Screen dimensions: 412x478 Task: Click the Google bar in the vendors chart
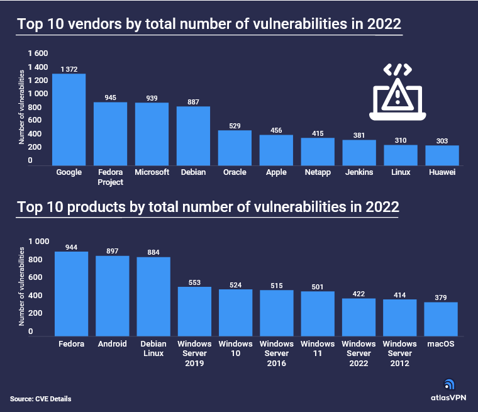[x=69, y=120]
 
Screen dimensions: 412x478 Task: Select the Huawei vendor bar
[x=442, y=155]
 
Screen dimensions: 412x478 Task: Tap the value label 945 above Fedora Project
[x=110, y=97]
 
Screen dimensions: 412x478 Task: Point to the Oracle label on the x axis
[x=235, y=172]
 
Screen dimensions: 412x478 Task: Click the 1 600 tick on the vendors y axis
[x=38, y=54]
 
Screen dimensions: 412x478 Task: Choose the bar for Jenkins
[x=359, y=152]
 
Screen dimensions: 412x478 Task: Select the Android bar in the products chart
[x=113, y=296]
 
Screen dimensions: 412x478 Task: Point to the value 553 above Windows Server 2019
[x=194, y=282]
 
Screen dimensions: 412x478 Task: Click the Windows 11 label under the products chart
[x=318, y=348]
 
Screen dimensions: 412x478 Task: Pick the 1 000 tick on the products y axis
[x=38, y=242]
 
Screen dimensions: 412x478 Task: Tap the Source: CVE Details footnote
[x=41, y=399]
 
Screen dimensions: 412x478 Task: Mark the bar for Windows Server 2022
[x=359, y=317]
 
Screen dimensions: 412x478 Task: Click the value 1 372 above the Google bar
[x=69, y=69]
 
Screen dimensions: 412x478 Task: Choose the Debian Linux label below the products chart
[x=153, y=348]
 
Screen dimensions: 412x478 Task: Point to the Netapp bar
[x=318, y=152]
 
